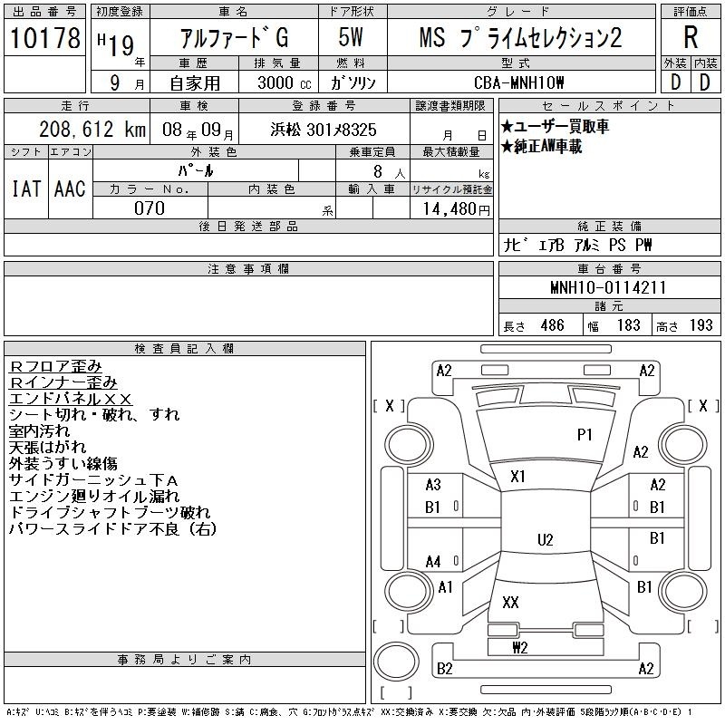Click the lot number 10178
(x=44, y=38)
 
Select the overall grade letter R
(x=691, y=37)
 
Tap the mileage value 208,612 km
(x=92, y=129)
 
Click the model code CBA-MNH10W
(x=518, y=82)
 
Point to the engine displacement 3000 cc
(x=285, y=82)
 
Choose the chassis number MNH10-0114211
(x=607, y=287)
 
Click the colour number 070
(x=150, y=208)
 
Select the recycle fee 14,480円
(x=457, y=209)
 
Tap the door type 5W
(x=351, y=37)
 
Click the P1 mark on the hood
(x=585, y=435)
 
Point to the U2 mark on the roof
(x=546, y=539)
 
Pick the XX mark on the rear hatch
(x=510, y=602)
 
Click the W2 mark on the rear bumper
(x=519, y=647)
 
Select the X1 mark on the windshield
(x=517, y=477)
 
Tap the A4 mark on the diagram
(x=433, y=562)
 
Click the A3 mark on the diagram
(x=433, y=485)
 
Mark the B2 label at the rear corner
(x=444, y=669)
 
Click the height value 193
(x=701, y=325)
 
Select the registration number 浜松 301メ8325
(x=324, y=130)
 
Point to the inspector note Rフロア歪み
(x=55, y=366)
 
